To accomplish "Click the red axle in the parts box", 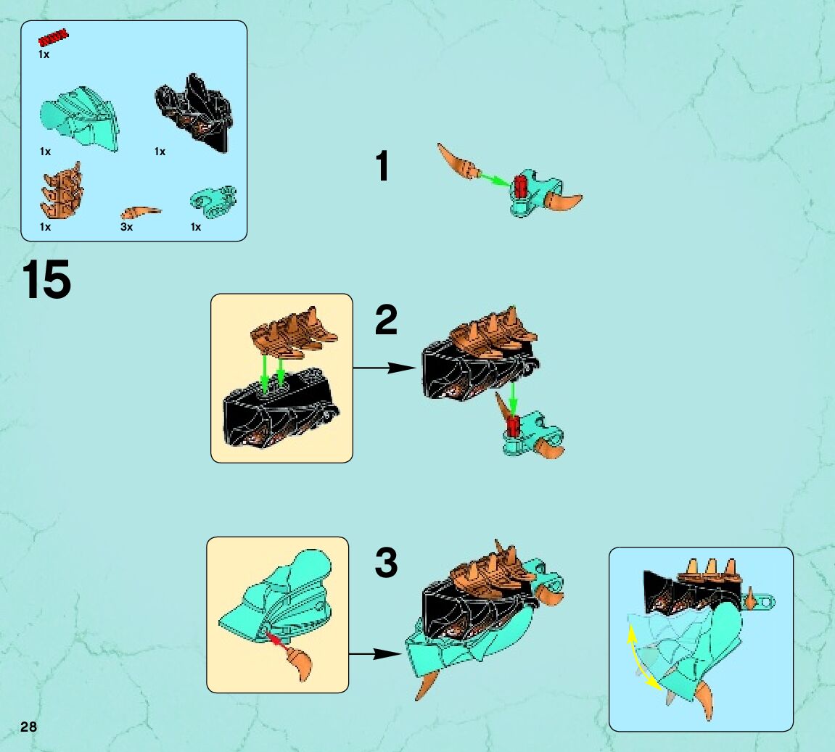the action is coord(53,38).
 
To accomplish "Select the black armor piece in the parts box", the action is coord(195,113).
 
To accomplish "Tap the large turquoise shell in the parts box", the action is coord(79,119).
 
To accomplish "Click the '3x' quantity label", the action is coord(126,227).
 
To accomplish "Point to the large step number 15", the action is coord(46,279).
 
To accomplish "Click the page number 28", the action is coord(28,727).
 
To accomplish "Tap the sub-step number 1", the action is coord(382,165).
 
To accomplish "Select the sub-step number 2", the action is coord(386,319).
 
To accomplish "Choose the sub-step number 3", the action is coord(386,563).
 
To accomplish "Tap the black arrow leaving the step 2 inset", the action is coord(384,367).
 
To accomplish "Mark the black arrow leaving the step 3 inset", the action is coord(375,653).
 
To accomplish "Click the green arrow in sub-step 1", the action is coord(495,179).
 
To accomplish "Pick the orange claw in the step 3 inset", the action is coord(300,663).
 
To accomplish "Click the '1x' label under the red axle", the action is coord(44,54).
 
